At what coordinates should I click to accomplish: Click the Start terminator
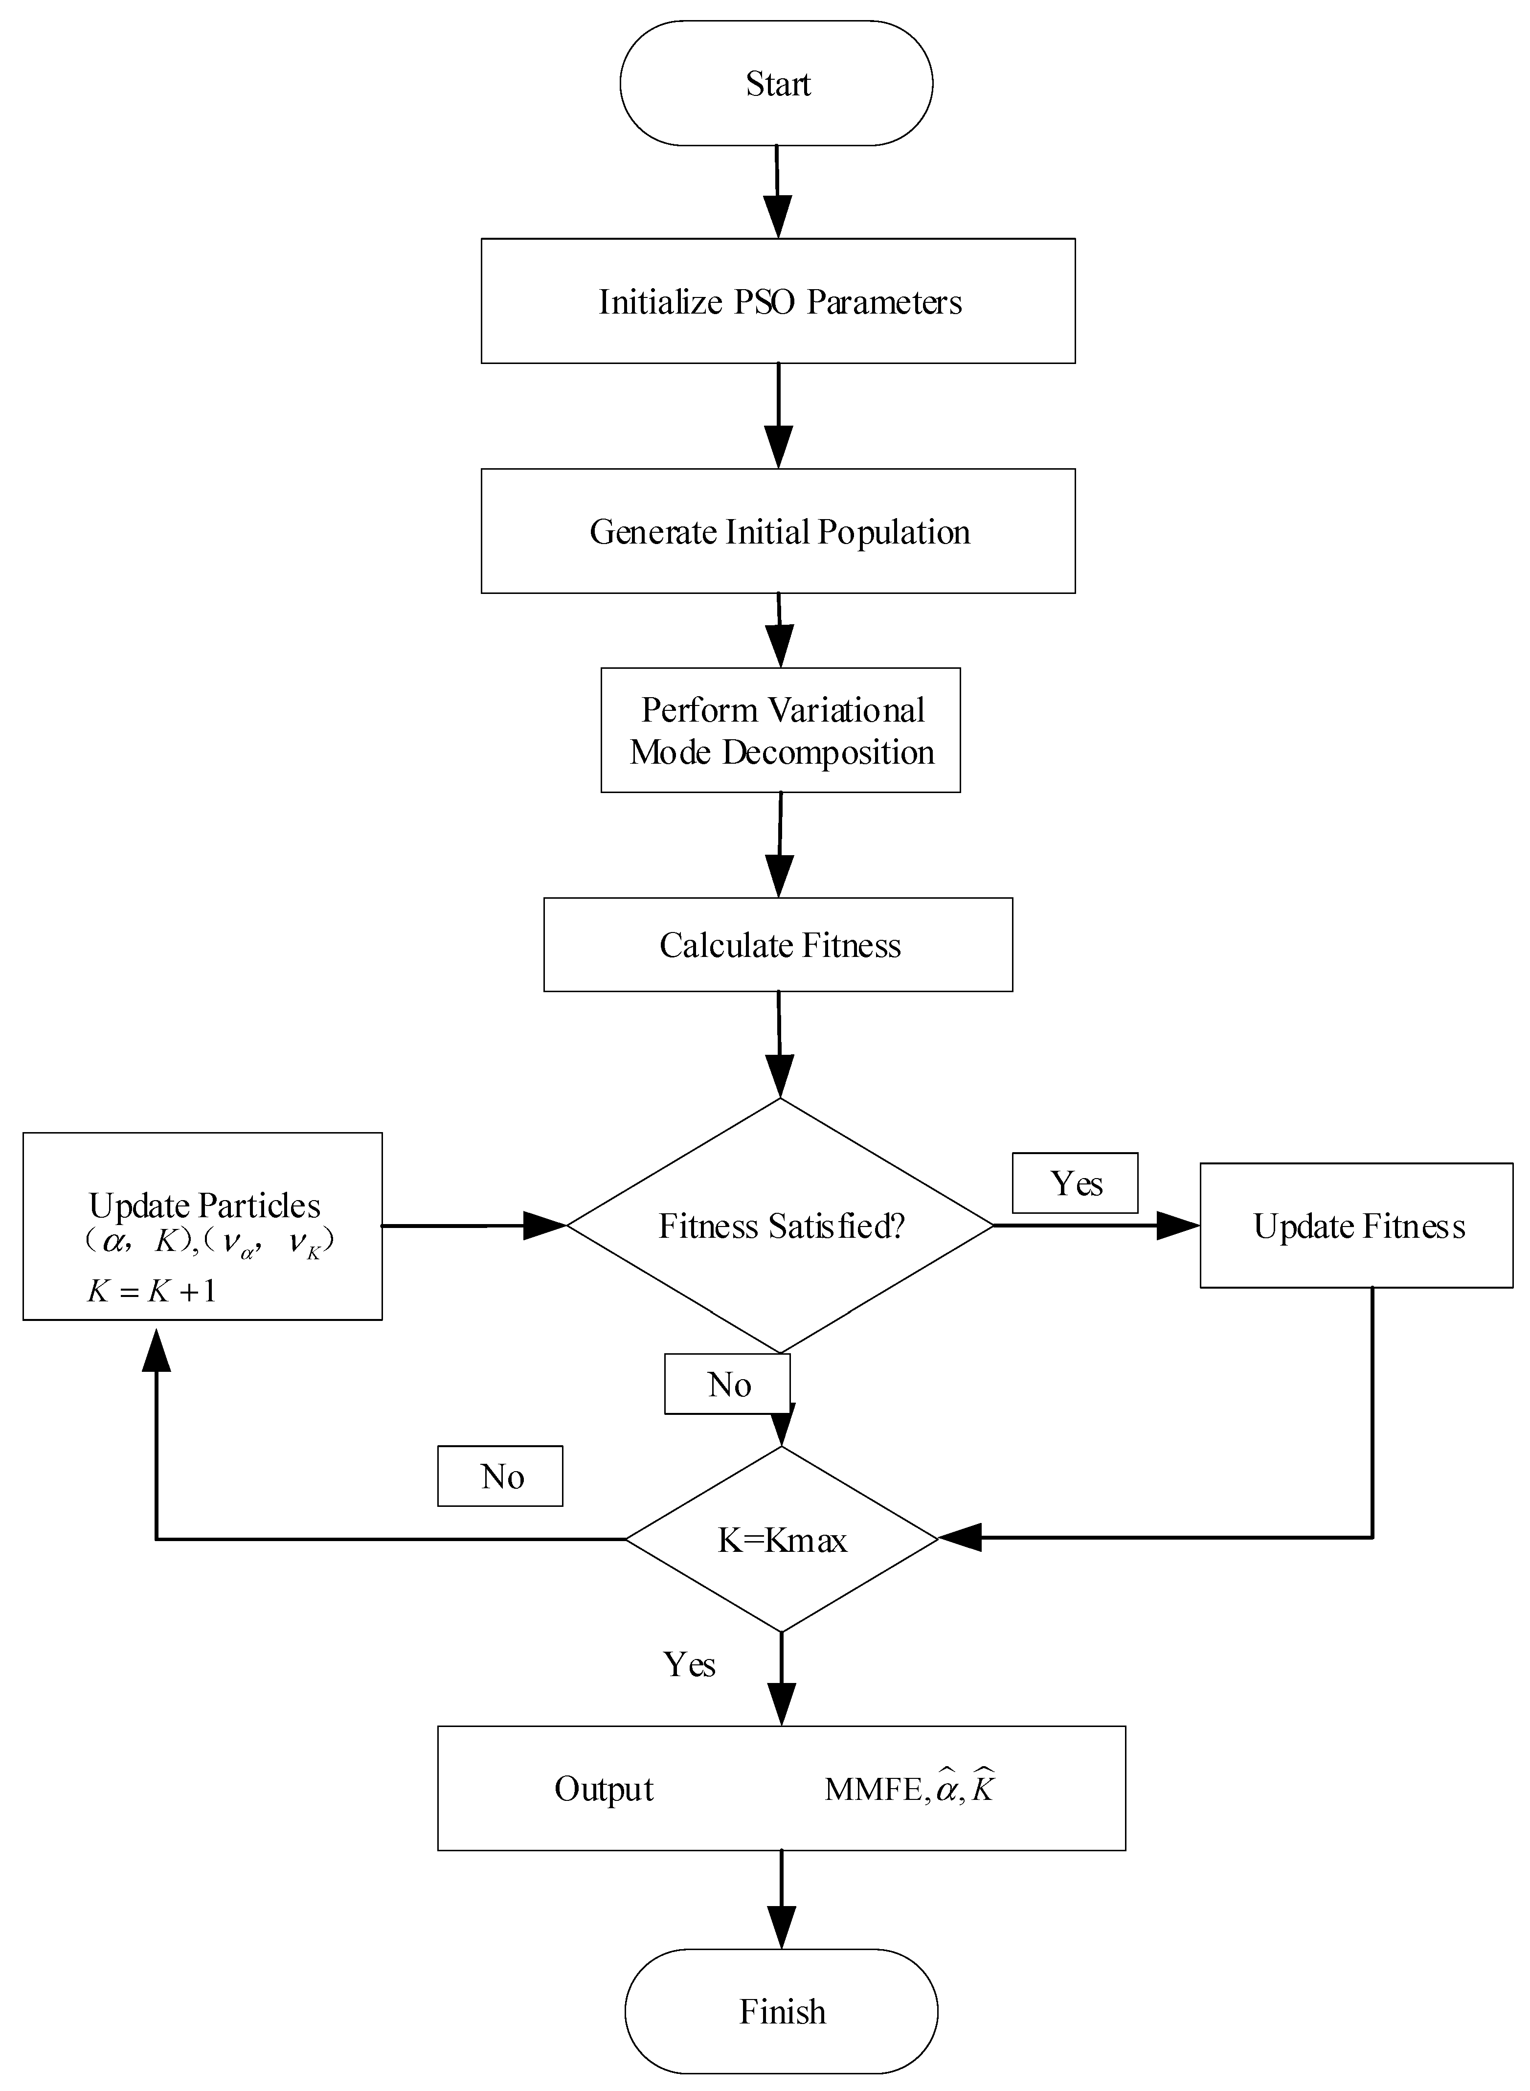(x=776, y=83)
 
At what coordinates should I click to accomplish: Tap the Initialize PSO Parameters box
(x=778, y=301)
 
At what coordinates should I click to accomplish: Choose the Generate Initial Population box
(x=778, y=531)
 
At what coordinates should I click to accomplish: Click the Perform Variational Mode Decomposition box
(x=781, y=730)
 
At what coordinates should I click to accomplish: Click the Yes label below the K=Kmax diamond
(x=689, y=1664)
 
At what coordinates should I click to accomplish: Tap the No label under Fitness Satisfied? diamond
(x=728, y=1384)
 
